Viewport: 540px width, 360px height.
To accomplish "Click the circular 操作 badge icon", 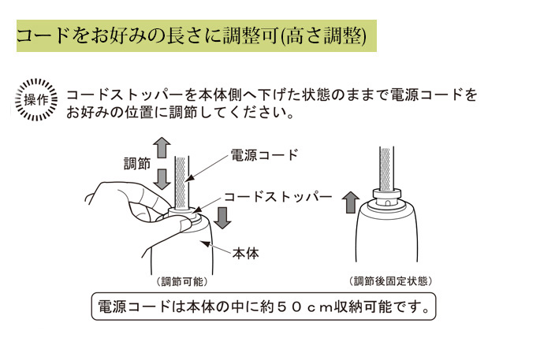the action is pyautogui.click(x=36, y=100).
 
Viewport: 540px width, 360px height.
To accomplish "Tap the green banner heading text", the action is pyautogui.click(x=192, y=36).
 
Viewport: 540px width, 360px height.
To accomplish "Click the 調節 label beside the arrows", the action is pyautogui.click(x=137, y=164).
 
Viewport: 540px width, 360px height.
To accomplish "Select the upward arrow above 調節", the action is pyautogui.click(x=162, y=147).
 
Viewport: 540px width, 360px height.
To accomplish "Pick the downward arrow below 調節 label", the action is pyautogui.click(x=162, y=179).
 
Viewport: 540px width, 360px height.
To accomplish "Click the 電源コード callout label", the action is pyautogui.click(x=264, y=155).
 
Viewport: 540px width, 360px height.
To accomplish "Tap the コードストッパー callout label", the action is pyautogui.click(x=278, y=197).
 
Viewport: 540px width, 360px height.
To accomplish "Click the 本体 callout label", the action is pyautogui.click(x=245, y=254).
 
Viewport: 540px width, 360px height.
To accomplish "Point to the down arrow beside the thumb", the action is pyautogui.click(x=223, y=217).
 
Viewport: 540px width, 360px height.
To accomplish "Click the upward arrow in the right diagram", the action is pyautogui.click(x=351, y=202).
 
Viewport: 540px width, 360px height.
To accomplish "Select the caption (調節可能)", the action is pyautogui.click(x=182, y=281).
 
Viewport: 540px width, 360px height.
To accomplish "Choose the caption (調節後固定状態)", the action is pyautogui.click(x=390, y=281).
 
